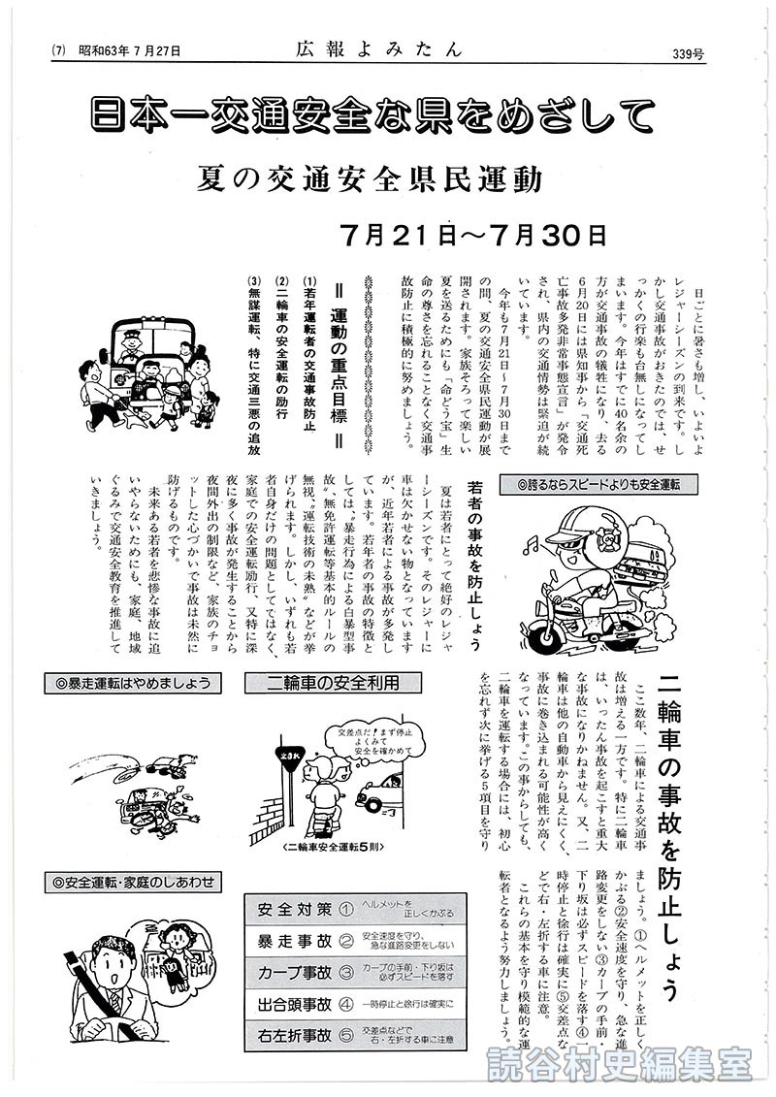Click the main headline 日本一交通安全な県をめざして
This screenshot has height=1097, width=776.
[388, 115]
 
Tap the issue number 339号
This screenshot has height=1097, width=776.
[711, 51]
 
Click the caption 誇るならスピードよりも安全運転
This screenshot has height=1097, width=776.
[600, 482]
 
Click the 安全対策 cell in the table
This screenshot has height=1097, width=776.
[294, 910]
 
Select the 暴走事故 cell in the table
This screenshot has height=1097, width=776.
[294, 941]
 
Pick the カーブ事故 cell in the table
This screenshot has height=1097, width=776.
[294, 972]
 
